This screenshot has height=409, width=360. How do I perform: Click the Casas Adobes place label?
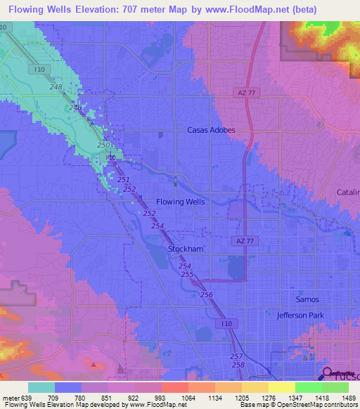210,130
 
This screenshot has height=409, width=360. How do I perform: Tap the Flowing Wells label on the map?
181,202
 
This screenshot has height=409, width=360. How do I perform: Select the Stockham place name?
186,249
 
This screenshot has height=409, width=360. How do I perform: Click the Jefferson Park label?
300,316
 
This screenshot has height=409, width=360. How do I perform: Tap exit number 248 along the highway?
56,86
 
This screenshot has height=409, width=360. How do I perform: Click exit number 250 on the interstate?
103,145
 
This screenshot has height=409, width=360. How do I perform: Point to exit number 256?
206,294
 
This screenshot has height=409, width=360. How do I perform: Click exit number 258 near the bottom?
238,365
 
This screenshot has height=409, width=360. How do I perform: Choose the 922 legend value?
122,379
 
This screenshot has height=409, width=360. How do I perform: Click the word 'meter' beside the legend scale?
11,379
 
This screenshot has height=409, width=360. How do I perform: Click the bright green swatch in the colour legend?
308,387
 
